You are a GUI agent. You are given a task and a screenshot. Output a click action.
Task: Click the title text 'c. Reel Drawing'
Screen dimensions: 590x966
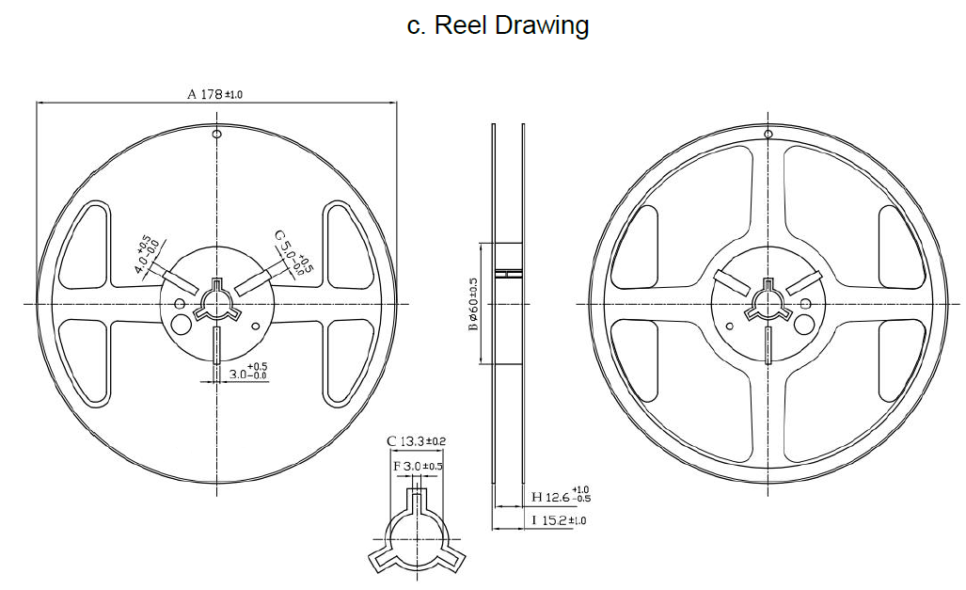[x=498, y=24]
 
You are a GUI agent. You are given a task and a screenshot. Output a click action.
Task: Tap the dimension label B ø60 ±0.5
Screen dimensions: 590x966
[x=474, y=304]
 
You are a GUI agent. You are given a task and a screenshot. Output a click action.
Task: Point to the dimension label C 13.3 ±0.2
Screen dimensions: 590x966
[x=416, y=441]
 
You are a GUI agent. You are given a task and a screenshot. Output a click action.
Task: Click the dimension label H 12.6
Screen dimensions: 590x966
[x=561, y=496]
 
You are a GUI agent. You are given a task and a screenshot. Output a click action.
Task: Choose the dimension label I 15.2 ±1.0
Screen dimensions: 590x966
[x=558, y=520]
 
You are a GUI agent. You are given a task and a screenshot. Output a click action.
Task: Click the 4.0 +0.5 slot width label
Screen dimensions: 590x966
[x=147, y=254]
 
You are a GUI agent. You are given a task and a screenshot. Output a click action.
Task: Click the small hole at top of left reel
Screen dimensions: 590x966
[x=216, y=135]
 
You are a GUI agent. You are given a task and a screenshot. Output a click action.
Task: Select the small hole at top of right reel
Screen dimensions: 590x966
[x=768, y=136]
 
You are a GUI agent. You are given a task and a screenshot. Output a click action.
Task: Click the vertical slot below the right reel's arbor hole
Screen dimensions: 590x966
[x=768, y=344]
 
